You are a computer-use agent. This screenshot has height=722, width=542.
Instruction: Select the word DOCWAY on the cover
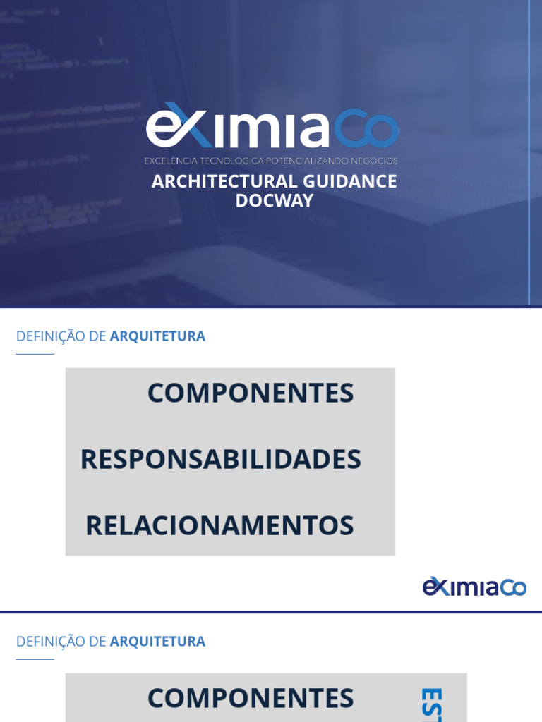point(274,200)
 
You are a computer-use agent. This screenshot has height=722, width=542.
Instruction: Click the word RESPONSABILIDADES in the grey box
point(220,460)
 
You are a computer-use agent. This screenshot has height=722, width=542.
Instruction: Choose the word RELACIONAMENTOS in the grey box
point(219,526)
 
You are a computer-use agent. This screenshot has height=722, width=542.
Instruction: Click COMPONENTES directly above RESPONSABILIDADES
point(251,393)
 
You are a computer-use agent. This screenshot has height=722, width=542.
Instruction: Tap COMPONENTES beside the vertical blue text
point(251,699)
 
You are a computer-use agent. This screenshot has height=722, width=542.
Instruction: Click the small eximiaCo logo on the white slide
point(474,587)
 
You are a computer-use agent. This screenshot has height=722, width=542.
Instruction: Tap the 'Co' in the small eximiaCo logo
point(513,587)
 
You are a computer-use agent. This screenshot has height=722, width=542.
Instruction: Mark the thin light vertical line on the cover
point(529,152)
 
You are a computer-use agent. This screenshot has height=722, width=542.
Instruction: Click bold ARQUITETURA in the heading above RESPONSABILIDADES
point(157,336)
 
